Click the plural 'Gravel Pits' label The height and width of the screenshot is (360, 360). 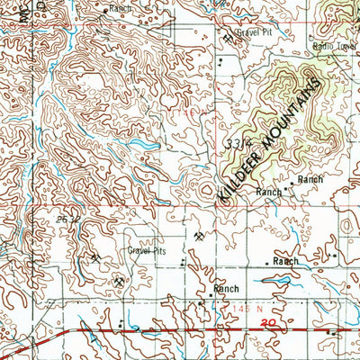point(147,252)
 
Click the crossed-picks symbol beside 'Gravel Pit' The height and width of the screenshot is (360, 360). point(227,38)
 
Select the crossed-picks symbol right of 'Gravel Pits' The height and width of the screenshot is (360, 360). point(198,236)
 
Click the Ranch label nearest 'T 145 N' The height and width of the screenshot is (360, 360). point(225,290)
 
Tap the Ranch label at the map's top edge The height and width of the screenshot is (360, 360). point(119,7)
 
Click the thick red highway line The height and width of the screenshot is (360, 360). point(180,330)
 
